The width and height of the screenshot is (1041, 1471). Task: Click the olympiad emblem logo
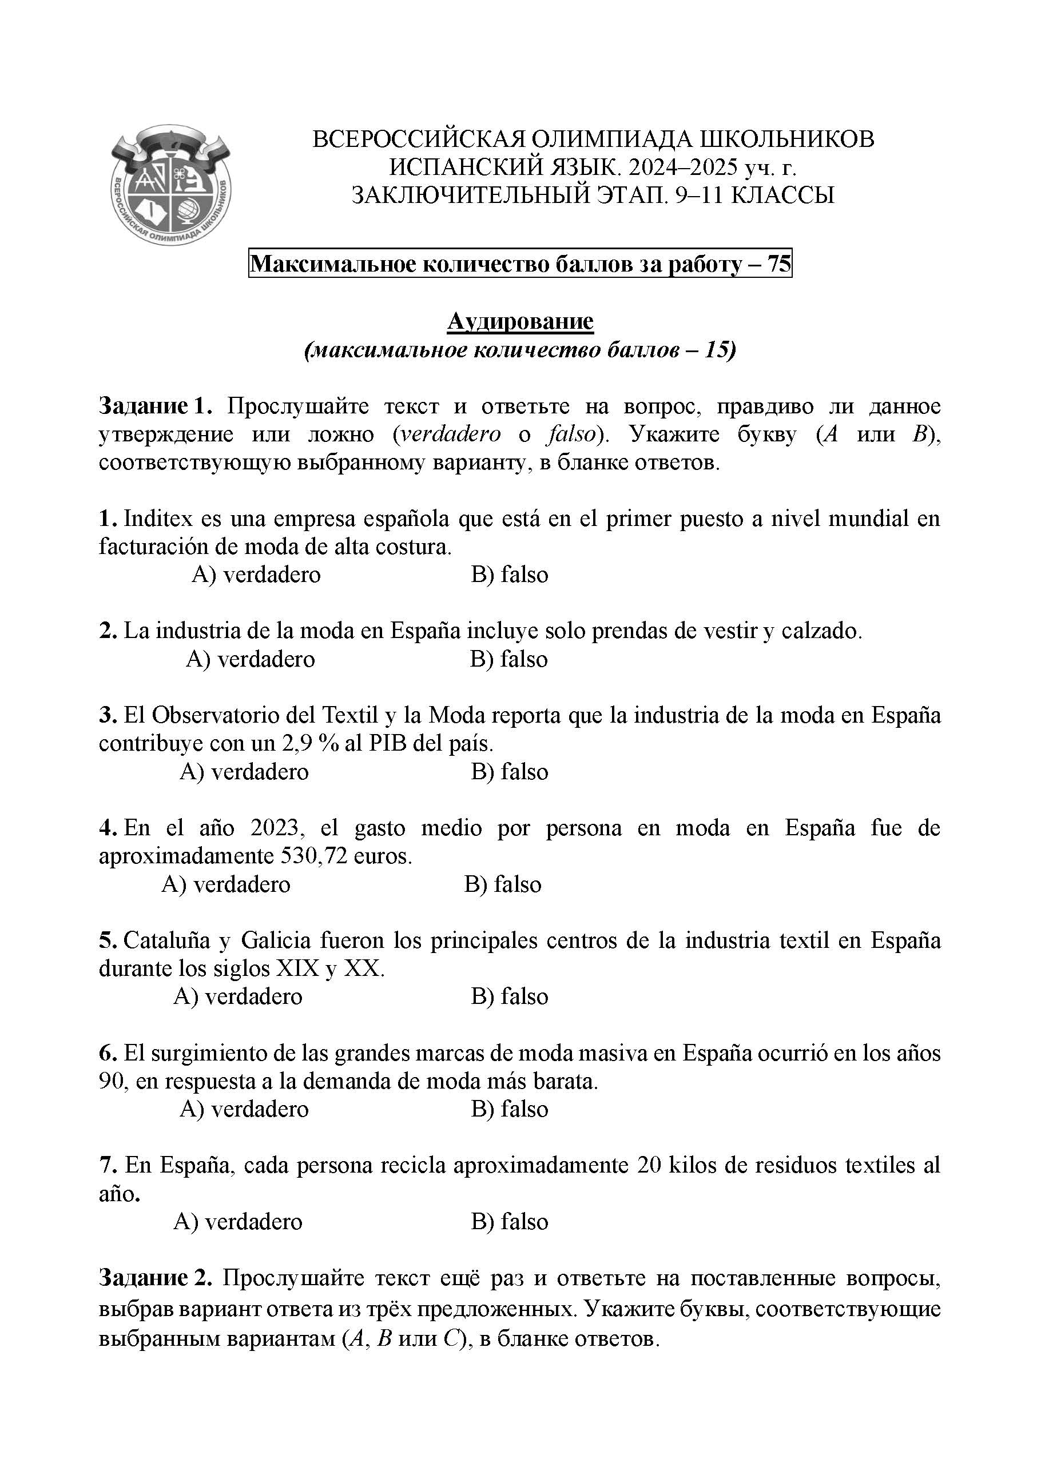click(170, 185)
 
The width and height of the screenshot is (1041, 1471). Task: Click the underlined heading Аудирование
click(520, 321)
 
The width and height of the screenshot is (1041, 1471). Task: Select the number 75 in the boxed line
click(779, 264)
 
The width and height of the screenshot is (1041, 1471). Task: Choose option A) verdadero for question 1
click(256, 575)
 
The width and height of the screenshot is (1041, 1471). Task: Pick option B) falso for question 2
click(508, 659)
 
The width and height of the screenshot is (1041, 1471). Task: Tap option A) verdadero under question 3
click(244, 771)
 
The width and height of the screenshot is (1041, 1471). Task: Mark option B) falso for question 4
click(503, 884)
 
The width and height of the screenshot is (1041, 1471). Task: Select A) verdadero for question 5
click(238, 996)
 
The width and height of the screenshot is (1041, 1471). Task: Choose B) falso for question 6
click(510, 1109)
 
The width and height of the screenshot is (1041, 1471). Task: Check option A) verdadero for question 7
click(238, 1222)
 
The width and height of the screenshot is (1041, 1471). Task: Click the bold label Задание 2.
click(154, 1278)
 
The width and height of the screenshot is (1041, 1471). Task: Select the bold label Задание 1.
click(154, 406)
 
